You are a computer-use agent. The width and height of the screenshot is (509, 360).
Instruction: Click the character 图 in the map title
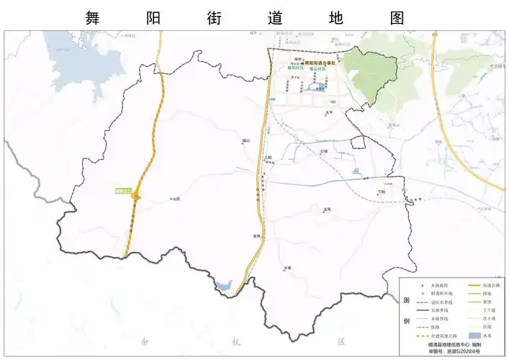397,17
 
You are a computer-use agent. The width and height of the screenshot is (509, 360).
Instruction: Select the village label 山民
176,198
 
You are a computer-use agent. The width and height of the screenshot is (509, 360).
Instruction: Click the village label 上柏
269,157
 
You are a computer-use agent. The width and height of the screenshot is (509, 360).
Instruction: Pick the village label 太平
330,112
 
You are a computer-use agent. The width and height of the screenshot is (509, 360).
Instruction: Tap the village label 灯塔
324,151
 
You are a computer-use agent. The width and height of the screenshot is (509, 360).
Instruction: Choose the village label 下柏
382,192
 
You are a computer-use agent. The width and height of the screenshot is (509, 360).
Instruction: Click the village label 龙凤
328,209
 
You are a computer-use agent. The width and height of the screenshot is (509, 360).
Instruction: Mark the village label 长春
288,267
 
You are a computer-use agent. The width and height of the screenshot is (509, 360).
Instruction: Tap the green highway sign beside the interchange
124,191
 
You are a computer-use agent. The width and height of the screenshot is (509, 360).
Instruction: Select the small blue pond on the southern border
223,287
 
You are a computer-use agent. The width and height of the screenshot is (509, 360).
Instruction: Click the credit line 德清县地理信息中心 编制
454,346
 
